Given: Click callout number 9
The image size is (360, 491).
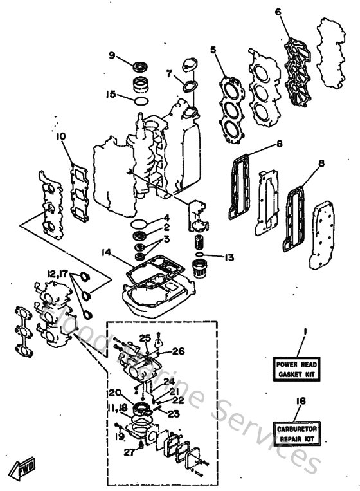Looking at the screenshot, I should coord(111,55).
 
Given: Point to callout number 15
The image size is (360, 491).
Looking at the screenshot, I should coord(111,94).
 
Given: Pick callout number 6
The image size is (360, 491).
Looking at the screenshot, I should coord(278,12).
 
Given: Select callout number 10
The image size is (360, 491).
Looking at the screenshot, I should coord(61,136).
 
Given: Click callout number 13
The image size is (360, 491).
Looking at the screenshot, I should coord(229,258).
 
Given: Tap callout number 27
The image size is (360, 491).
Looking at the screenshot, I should coord(129,452).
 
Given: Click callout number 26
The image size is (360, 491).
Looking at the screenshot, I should coord(179,351).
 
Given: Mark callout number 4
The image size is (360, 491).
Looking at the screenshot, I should coord(166,218).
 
